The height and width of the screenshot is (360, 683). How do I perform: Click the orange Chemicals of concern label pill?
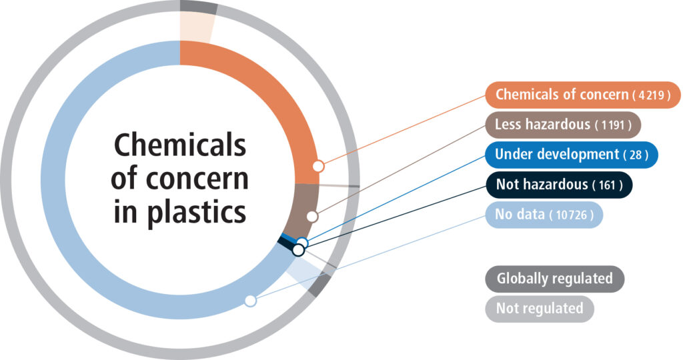pyautogui.click(x=583, y=95)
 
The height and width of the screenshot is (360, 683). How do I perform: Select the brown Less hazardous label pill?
pyautogui.click(x=563, y=125)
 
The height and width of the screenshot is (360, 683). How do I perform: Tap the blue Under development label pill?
pyautogui.click(x=572, y=155)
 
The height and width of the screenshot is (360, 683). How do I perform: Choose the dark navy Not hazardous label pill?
pyautogui.click(x=559, y=185)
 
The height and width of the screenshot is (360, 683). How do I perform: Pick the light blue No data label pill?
pyautogui.click(x=544, y=215)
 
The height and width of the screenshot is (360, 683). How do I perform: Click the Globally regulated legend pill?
pyautogui.click(x=554, y=279)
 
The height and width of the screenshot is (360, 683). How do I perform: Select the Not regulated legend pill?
pyautogui.click(x=539, y=309)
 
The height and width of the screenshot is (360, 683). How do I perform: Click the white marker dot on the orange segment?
pyautogui.click(x=319, y=165)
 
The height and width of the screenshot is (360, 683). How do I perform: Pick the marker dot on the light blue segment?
pyautogui.click(x=250, y=301)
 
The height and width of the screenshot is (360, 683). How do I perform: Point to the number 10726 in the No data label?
pyautogui.click(x=572, y=215)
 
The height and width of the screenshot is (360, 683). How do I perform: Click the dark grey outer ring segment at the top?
pyautogui.click(x=199, y=7)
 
